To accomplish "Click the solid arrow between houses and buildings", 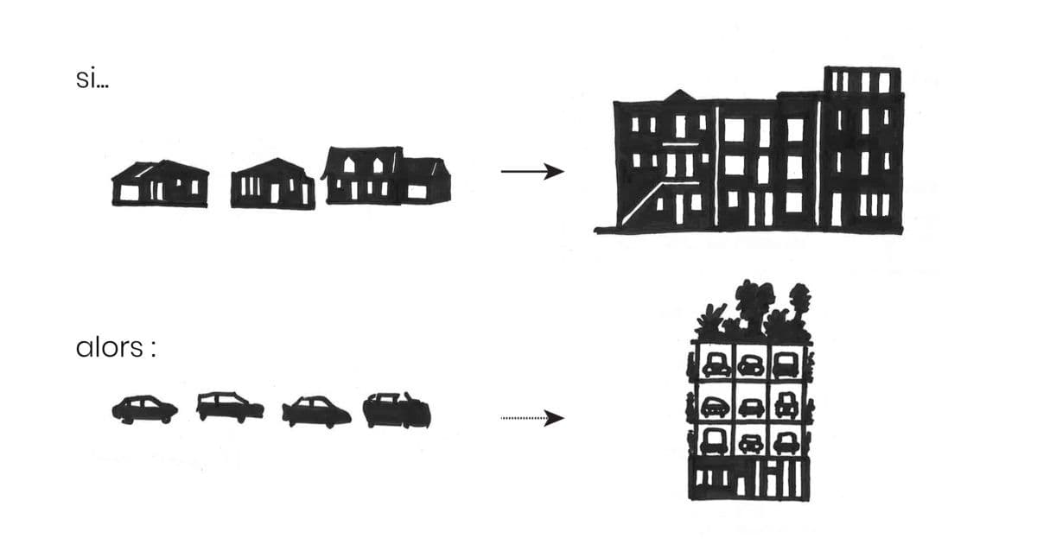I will point(531,172).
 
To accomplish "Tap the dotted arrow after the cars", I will point(531,419).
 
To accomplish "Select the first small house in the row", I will point(160,184).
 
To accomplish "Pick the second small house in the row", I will point(272,184).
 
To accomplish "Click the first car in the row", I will point(144,409).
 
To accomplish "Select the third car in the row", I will point(316,412).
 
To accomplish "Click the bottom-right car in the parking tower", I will point(785,443).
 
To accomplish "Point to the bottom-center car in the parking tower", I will point(750,443).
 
